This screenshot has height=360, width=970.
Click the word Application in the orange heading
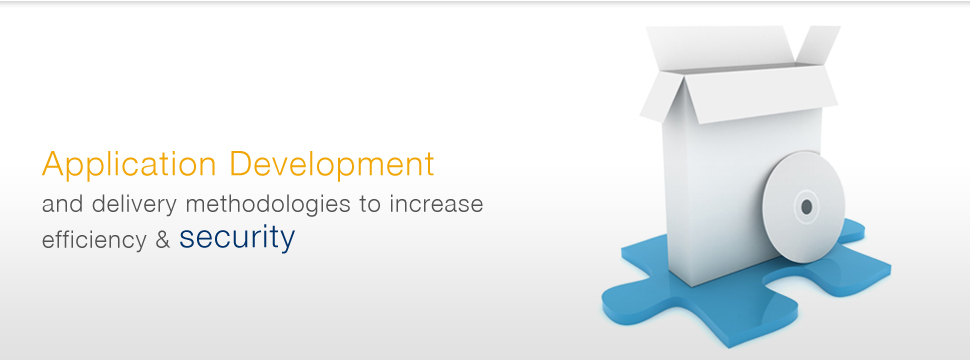point(129,165)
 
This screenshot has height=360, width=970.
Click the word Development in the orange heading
point(332,163)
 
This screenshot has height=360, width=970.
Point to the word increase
point(436,204)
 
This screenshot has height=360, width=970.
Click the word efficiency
point(94,239)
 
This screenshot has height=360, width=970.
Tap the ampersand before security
point(163,239)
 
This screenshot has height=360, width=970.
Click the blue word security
point(237,237)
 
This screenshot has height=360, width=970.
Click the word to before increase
point(370,204)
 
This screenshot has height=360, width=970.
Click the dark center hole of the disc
point(806,207)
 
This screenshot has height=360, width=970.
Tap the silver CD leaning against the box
point(804,204)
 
